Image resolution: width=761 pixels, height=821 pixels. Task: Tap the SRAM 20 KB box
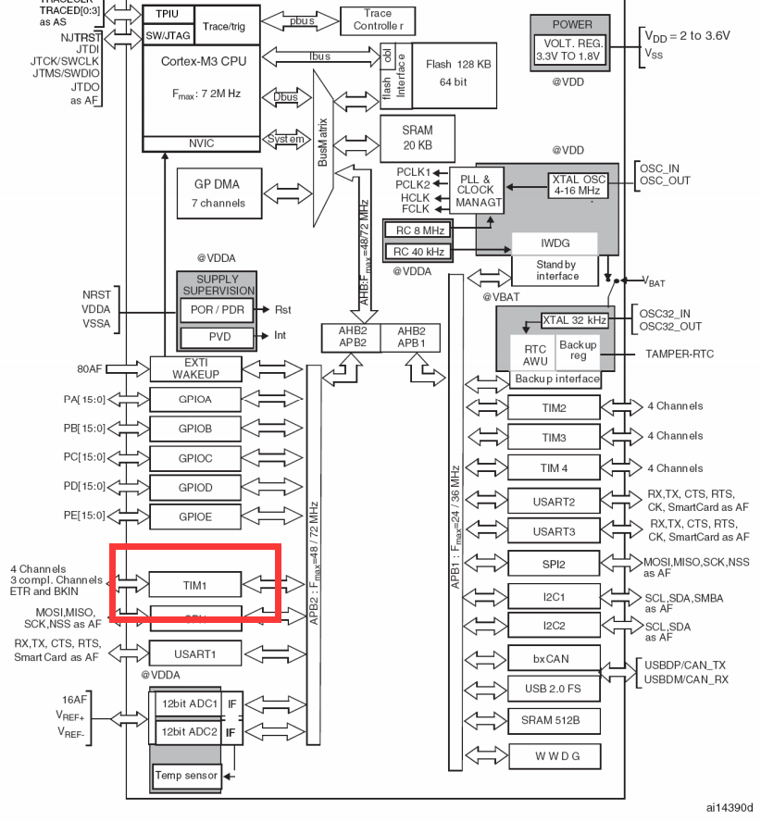pos(417,138)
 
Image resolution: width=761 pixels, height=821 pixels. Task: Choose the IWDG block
pos(555,243)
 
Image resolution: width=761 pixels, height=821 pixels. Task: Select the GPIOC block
pos(195,457)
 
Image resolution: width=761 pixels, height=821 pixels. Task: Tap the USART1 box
pos(195,653)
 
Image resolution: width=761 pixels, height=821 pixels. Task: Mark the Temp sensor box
pos(186,775)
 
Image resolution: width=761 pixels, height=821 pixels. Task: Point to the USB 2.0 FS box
pos(554,689)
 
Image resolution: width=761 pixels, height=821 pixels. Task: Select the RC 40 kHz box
pos(416,250)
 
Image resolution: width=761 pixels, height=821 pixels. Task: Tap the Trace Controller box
pos(378,19)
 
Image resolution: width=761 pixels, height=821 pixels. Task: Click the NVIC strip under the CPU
pos(200,143)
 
